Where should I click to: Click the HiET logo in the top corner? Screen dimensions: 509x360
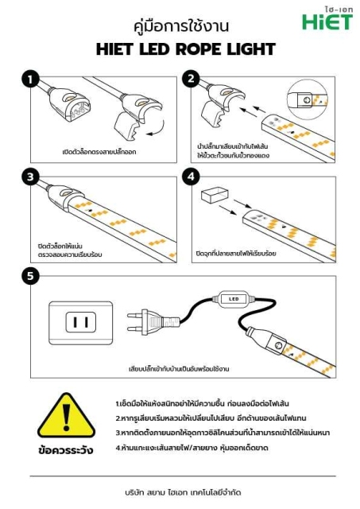pyautogui.click(x=326, y=19)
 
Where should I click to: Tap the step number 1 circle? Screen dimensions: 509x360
pyautogui.click(x=30, y=80)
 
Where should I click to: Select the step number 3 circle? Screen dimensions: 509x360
pyautogui.click(x=30, y=177)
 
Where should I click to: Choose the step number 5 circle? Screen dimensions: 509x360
pyautogui.click(x=30, y=276)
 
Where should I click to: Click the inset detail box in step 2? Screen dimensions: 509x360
pyautogui.click(x=307, y=100)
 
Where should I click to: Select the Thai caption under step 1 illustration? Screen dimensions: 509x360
pyautogui.click(x=99, y=150)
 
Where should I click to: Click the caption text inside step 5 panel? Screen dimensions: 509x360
pyautogui.click(x=179, y=369)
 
